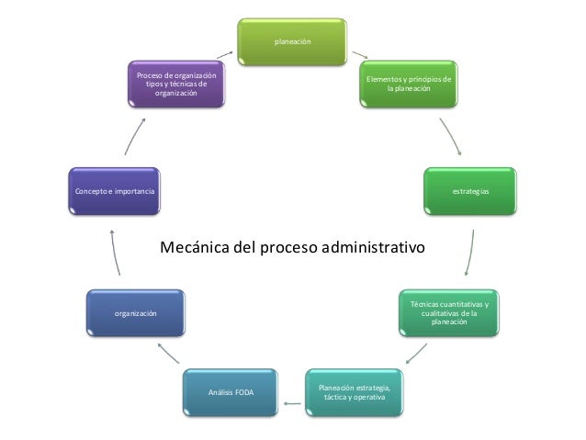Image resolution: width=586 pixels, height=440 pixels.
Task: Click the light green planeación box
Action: point(293,42)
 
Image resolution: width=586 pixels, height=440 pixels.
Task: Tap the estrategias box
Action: point(469,191)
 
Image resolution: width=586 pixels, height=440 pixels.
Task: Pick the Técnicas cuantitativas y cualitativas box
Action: point(449,313)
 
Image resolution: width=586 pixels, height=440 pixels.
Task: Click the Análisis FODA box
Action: point(231,392)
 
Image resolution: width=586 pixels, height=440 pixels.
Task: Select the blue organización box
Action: point(135,314)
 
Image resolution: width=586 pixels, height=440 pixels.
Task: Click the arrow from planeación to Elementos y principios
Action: point(359,54)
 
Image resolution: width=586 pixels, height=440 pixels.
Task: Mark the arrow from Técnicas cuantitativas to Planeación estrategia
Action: point(416,353)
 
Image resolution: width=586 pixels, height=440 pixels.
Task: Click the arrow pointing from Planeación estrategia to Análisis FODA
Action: point(292,402)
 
